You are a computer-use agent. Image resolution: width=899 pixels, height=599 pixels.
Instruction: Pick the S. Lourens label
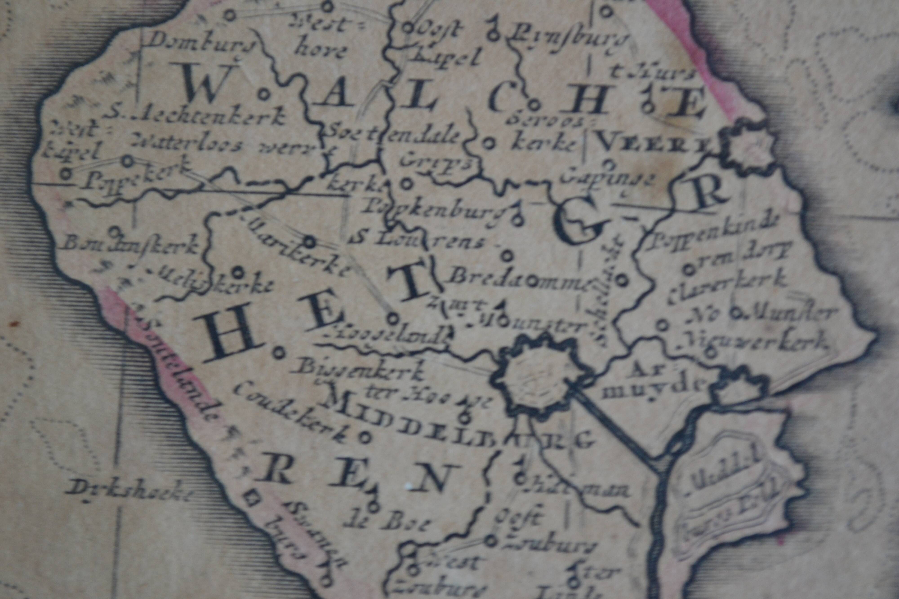tap(417, 241)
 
